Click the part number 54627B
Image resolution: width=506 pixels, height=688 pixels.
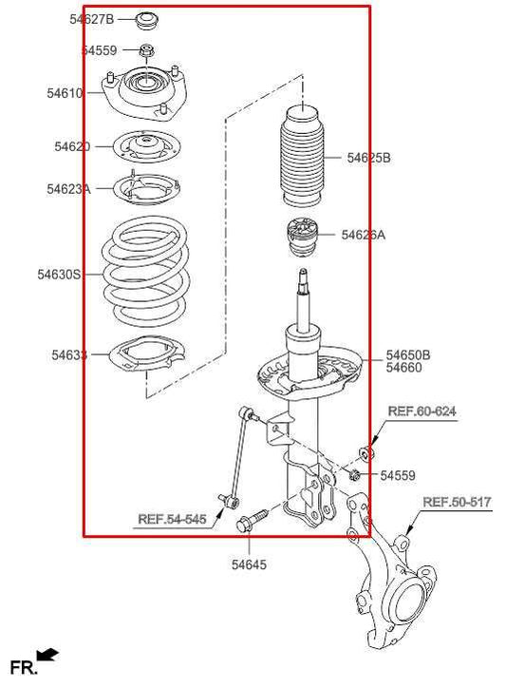(91, 19)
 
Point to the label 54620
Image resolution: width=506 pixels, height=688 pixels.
(72, 146)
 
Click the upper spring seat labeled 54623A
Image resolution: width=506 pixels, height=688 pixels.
(146, 188)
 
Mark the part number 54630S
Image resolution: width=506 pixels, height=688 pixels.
(59, 275)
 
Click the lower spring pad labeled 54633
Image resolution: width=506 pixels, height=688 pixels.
(144, 359)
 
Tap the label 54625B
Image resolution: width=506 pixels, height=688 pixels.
(367, 158)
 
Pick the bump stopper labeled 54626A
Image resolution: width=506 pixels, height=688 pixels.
(300, 238)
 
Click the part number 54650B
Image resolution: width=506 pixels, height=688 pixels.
(407, 354)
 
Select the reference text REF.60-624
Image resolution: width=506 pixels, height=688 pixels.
(422, 411)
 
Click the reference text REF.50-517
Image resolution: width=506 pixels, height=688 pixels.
(457, 502)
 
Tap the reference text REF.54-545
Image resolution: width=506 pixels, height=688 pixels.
(172, 519)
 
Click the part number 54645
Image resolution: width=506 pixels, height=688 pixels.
(249, 564)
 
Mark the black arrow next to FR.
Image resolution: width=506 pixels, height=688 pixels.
(47, 656)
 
